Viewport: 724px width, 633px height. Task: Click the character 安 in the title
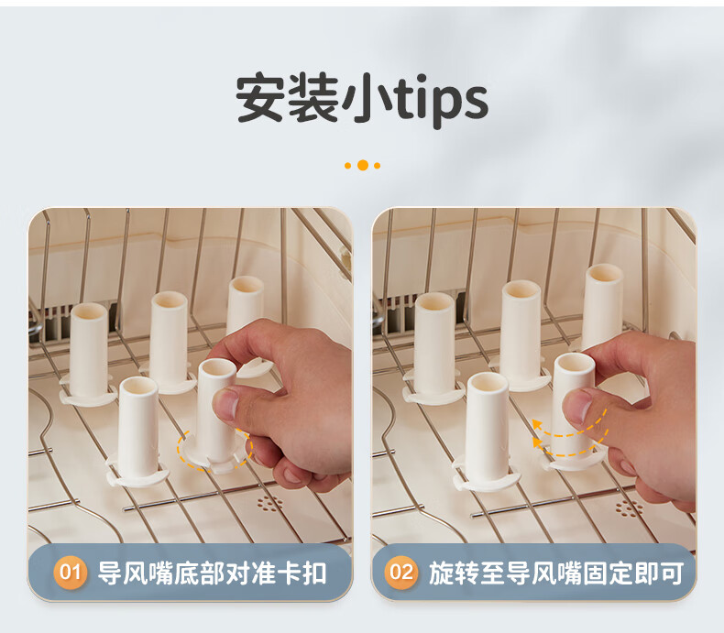(261, 98)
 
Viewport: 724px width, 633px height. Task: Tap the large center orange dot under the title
(363, 165)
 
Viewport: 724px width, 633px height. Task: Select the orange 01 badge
(71, 573)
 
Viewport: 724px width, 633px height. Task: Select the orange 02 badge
(401, 573)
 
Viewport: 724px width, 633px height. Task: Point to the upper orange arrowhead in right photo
(537, 424)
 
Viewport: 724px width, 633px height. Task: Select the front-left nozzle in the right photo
(488, 431)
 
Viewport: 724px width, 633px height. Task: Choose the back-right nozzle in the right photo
(601, 307)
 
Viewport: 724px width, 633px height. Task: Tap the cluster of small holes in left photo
(269, 503)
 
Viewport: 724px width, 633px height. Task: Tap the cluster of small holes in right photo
(629, 507)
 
